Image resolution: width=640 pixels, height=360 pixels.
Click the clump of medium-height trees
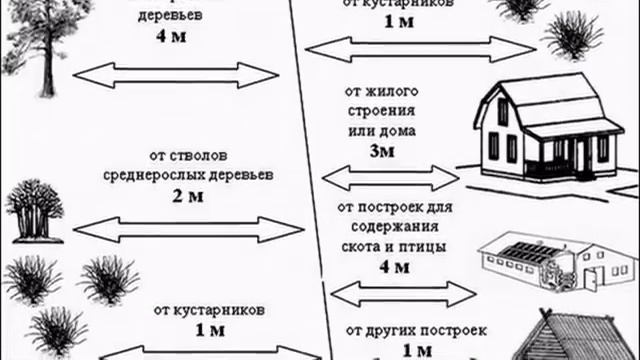click(x=34, y=210)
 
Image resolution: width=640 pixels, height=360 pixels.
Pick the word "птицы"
click(x=421, y=246)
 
